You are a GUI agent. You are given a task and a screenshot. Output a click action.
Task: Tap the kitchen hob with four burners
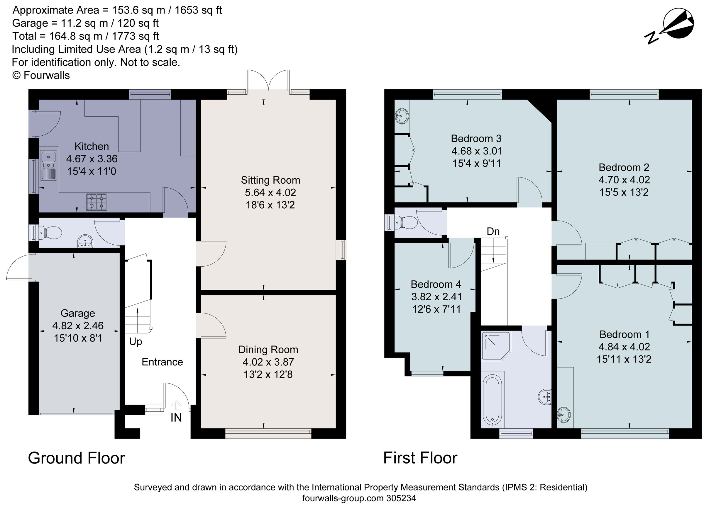coord(97,202)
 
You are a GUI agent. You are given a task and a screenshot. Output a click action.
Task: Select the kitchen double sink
coord(48,165)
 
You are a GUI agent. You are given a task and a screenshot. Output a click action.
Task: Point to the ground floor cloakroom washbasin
coord(85,242)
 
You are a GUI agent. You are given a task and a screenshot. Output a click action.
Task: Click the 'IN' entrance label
coord(176,418)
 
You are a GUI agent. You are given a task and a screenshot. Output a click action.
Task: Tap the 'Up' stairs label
coord(136,342)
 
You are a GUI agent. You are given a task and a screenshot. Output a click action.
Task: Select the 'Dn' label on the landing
coord(493,231)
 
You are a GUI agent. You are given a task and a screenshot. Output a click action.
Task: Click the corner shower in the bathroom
coord(496,346)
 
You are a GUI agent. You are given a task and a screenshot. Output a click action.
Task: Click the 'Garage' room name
coord(78,314)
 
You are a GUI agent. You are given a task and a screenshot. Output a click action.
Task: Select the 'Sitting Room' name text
coord(270,180)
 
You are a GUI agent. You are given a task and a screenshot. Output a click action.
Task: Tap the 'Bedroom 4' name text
coord(436,284)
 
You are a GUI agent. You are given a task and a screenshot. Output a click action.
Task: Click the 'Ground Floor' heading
coord(76,458)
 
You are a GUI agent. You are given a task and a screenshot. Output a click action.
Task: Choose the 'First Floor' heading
coord(420,458)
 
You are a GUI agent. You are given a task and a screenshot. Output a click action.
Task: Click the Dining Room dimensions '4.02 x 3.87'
coord(268,362)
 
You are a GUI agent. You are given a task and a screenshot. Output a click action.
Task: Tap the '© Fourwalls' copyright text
coord(41,75)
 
